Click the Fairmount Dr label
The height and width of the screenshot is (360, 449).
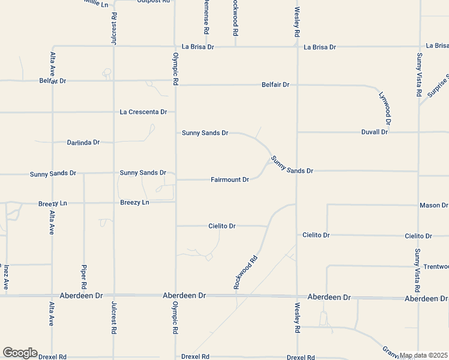(x=229, y=179)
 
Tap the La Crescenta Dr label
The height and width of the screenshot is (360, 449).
(x=143, y=112)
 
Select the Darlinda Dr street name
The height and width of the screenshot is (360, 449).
(x=84, y=142)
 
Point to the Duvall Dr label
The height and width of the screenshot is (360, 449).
(x=375, y=131)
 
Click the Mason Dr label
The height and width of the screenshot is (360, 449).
(x=433, y=205)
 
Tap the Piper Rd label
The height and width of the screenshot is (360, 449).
(x=84, y=277)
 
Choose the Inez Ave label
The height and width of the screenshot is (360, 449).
(x=5, y=277)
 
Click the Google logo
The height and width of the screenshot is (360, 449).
(x=20, y=353)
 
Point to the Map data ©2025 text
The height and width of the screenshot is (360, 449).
(x=424, y=355)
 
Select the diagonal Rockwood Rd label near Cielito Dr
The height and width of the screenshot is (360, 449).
(x=246, y=271)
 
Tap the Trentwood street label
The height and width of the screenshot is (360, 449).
(x=436, y=266)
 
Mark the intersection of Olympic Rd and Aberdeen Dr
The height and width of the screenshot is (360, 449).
(x=175, y=295)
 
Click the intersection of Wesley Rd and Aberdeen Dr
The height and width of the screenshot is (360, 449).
(x=297, y=296)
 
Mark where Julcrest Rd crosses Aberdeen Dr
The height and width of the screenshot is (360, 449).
(x=113, y=295)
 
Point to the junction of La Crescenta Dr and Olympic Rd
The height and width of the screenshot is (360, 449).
(x=175, y=112)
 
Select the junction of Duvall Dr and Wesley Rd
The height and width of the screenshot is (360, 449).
(x=297, y=132)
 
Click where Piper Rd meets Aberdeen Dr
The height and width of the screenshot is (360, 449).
(x=84, y=295)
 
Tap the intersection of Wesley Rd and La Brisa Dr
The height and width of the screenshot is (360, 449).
(x=297, y=46)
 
